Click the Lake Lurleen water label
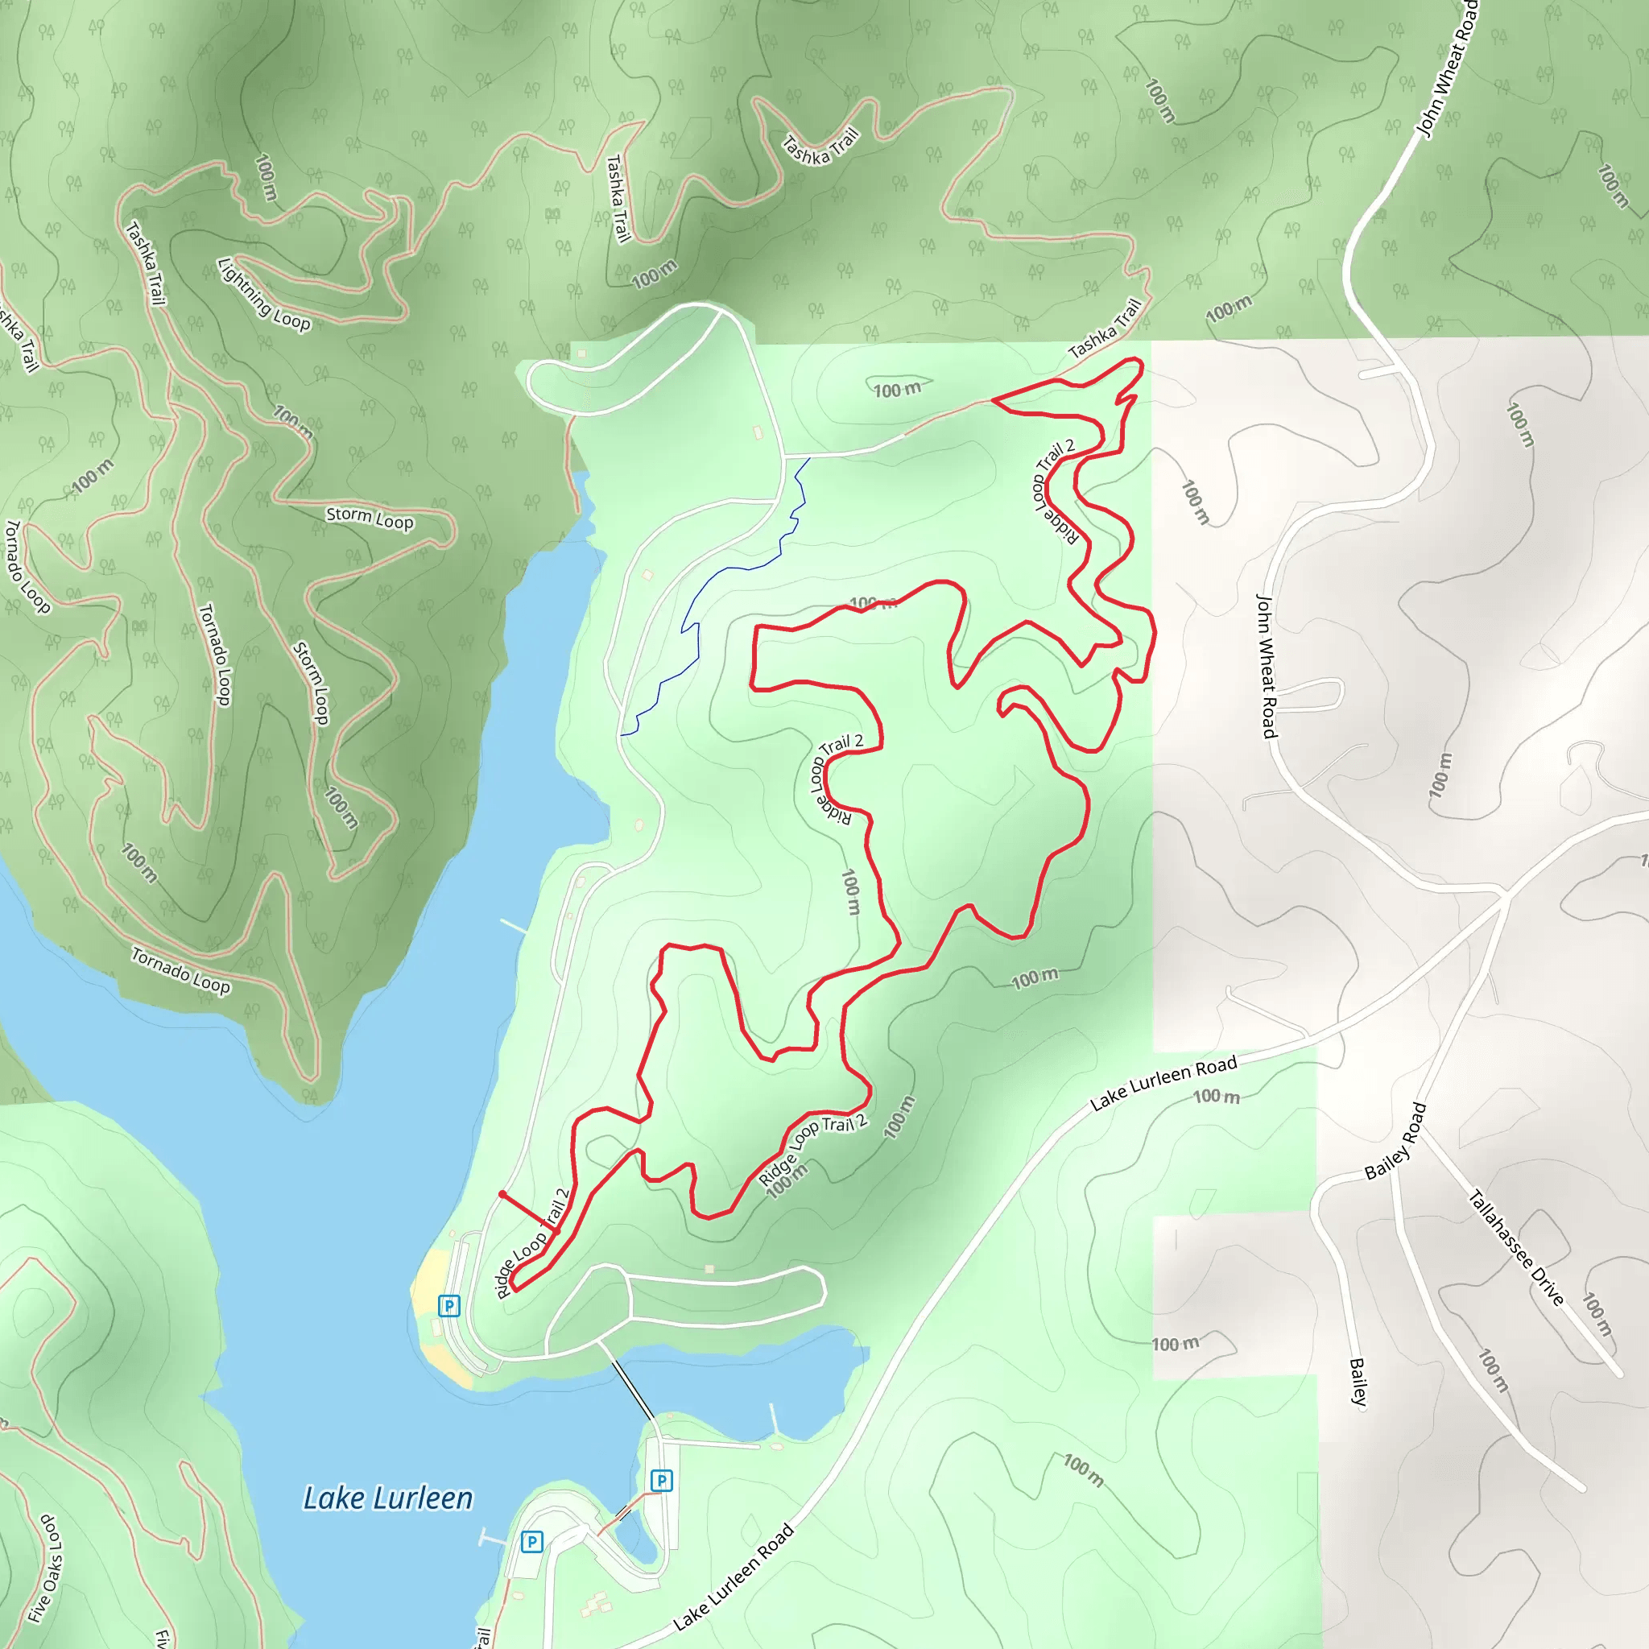point(387,1498)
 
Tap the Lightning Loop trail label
point(264,294)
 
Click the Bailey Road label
point(1395,1142)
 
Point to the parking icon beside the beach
point(449,1305)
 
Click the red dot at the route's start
point(502,1194)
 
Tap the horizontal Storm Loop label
point(370,518)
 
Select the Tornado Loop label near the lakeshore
point(180,970)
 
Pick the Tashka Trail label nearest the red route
point(1105,329)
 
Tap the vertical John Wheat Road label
point(1267,666)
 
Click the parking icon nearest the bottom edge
point(531,1541)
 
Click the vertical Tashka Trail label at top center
point(617,198)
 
